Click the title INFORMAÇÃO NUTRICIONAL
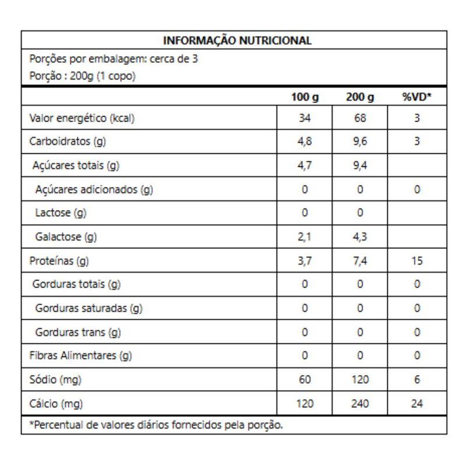[x=237, y=41]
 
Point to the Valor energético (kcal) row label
[x=82, y=118]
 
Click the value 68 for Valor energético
[x=360, y=118]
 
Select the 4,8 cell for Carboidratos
[x=304, y=142]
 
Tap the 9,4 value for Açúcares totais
[x=360, y=165]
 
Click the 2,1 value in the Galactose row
[x=304, y=237]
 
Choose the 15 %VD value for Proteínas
[x=417, y=261]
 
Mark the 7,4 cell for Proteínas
[x=360, y=261]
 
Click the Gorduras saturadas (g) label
[x=89, y=308]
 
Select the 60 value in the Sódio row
[x=304, y=380]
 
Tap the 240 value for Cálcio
[x=360, y=403]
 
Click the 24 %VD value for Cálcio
[x=417, y=403]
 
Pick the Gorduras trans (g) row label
[x=78, y=332]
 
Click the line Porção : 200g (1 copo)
[x=83, y=76]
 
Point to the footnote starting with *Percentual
[x=156, y=425]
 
